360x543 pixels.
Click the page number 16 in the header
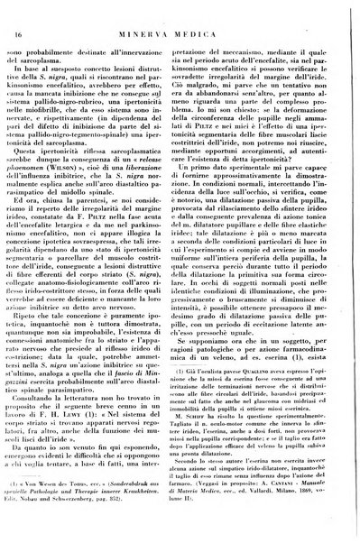click(x=19, y=11)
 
